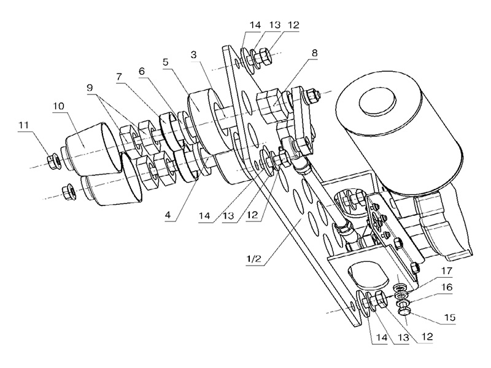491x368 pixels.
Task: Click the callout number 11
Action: click(x=24, y=125)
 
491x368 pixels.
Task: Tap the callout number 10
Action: click(x=58, y=105)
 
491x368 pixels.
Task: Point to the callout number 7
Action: click(x=119, y=77)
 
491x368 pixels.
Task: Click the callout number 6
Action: click(x=142, y=71)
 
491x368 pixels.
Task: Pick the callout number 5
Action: click(x=165, y=62)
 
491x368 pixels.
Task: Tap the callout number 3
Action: click(x=194, y=55)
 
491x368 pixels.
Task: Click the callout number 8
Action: click(x=314, y=53)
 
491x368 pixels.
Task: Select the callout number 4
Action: click(x=168, y=215)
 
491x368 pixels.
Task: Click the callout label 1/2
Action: click(x=254, y=259)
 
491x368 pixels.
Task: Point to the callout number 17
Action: click(x=447, y=270)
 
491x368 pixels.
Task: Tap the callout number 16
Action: click(x=447, y=286)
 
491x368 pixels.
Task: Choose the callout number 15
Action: click(x=449, y=317)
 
